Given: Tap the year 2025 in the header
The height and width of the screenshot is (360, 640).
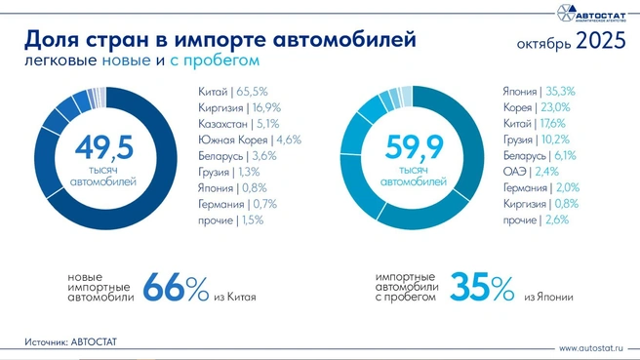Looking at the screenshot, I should coord(601,42).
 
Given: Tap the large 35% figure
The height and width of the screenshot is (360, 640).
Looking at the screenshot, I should coord(483,288).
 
